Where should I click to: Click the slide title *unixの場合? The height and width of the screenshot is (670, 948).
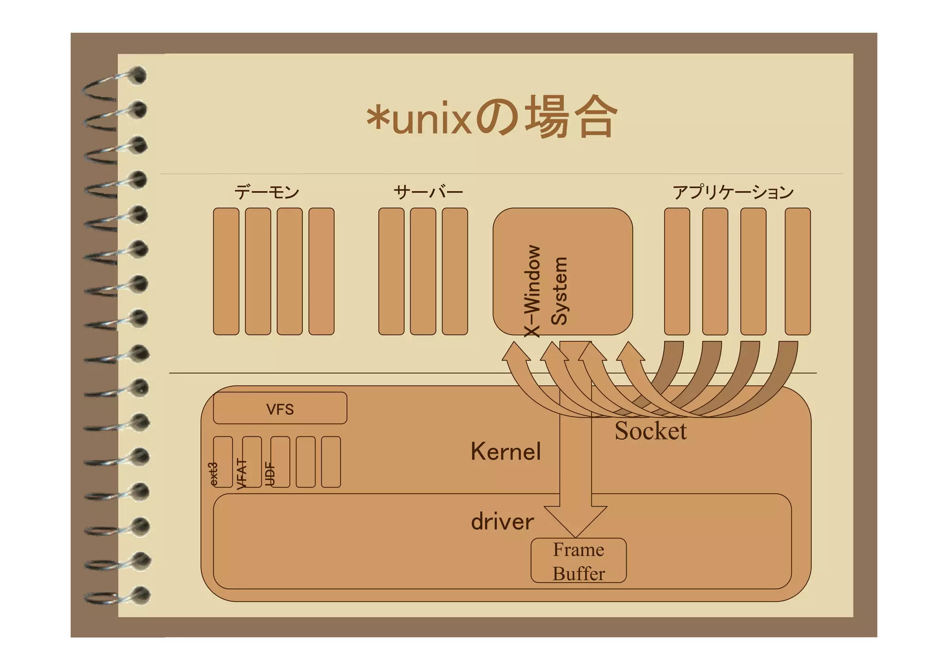click(x=492, y=117)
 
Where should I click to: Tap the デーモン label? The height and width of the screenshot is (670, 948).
click(x=267, y=192)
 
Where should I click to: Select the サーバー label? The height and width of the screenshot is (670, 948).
click(x=428, y=192)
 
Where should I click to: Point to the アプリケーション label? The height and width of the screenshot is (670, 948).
click(x=733, y=192)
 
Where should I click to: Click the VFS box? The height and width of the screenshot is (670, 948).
click(x=280, y=409)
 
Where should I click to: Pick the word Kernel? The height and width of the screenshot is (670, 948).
click(x=505, y=451)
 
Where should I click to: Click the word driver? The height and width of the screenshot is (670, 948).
click(x=502, y=522)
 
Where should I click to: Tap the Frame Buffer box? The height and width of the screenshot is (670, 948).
click(x=579, y=561)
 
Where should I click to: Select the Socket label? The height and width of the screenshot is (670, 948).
click(x=650, y=431)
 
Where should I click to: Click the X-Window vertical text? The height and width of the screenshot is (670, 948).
click(x=532, y=291)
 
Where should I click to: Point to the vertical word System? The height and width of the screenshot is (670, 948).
click(x=559, y=291)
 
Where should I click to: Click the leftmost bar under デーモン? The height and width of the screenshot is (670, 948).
click(x=226, y=271)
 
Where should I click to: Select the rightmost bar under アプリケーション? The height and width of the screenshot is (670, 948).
click(x=798, y=271)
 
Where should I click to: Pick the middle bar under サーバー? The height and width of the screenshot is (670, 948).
click(x=423, y=271)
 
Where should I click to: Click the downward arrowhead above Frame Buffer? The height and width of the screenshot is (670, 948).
click(x=575, y=521)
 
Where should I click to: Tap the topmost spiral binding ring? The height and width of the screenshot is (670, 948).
click(x=137, y=75)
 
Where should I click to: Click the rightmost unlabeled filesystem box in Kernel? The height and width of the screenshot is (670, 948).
click(x=331, y=462)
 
